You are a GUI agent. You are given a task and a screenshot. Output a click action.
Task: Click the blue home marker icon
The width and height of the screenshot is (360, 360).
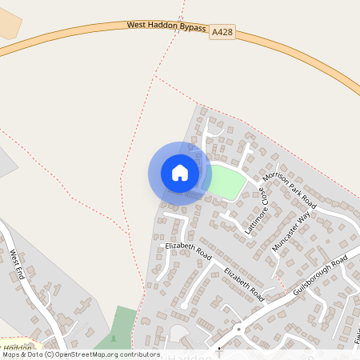coord(180,172)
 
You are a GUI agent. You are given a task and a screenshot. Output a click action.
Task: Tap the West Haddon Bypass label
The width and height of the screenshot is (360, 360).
coord(166,27)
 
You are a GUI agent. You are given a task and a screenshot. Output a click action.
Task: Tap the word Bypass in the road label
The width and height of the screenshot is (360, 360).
coord(192,30)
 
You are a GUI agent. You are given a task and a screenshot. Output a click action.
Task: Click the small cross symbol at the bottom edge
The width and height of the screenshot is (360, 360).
coord(218,349)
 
